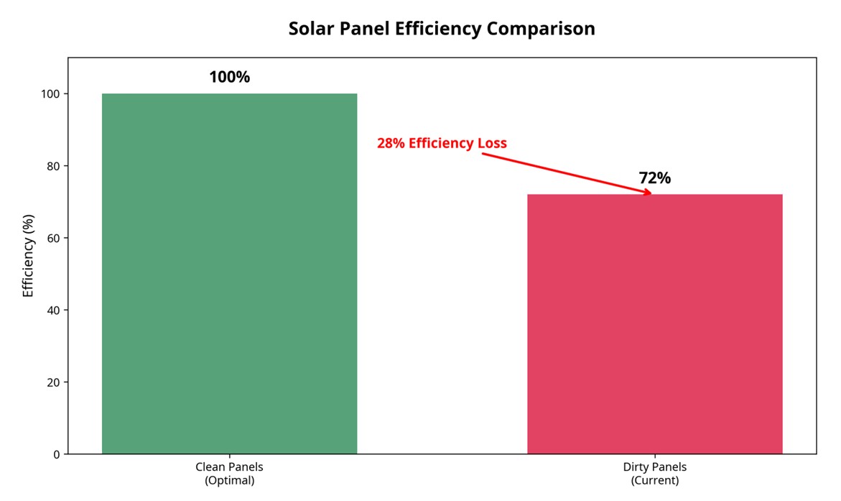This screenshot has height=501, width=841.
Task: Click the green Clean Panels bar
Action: pos(229,273)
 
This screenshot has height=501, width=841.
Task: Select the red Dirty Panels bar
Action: pos(654,323)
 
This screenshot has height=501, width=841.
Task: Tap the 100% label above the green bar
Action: pos(229,77)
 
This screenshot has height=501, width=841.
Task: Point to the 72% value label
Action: pos(654,178)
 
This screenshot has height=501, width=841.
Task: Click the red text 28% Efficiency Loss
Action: pos(442,143)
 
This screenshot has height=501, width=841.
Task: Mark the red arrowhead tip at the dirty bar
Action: pos(651,193)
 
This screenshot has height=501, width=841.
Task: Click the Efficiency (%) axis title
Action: pos(28,255)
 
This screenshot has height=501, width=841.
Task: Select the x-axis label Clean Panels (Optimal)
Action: pos(229,474)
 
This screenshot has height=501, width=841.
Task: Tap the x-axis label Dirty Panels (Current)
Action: pos(654,474)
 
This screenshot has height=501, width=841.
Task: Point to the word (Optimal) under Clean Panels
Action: pos(229,481)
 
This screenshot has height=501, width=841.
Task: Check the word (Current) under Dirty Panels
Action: pos(654,481)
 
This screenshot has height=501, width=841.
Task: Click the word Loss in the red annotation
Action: pos(492,143)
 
